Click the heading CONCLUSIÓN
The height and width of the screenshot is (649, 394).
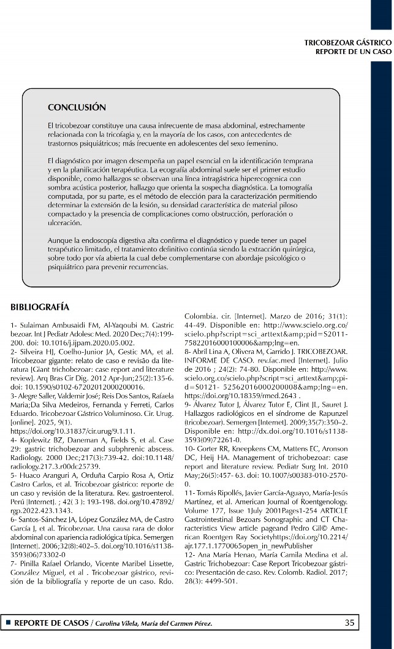(x=77, y=107)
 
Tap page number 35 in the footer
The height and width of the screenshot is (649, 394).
(x=349, y=623)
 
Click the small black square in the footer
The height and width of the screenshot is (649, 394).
(x=8, y=623)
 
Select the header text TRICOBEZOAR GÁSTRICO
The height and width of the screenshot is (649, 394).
(x=347, y=43)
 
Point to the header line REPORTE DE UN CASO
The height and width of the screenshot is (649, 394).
(x=353, y=52)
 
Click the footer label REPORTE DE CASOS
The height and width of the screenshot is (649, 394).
(x=51, y=623)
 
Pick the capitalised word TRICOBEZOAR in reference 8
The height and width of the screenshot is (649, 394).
(x=326, y=351)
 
